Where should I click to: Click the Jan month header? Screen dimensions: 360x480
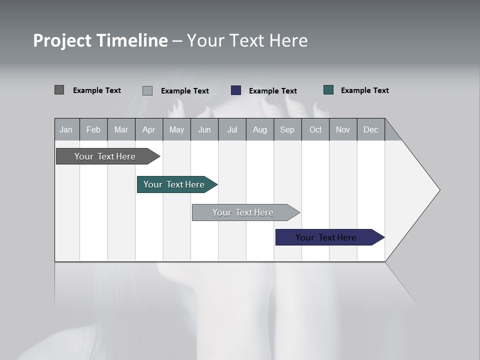(x=66, y=129)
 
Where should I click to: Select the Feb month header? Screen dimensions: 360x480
(x=93, y=129)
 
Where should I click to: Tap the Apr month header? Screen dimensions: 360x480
(x=148, y=129)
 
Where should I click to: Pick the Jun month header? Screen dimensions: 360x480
(x=204, y=129)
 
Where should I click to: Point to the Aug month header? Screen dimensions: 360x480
(x=259, y=129)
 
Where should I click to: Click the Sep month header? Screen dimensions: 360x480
(x=287, y=129)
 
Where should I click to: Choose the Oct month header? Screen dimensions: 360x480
(x=315, y=129)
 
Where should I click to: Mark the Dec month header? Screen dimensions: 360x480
(x=370, y=129)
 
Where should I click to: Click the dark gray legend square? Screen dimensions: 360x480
(x=59, y=90)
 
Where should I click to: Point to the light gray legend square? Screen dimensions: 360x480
(x=147, y=90)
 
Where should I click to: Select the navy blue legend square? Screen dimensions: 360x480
(x=236, y=90)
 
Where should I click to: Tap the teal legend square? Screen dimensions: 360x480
(x=328, y=90)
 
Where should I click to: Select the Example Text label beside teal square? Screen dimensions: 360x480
(x=364, y=90)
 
